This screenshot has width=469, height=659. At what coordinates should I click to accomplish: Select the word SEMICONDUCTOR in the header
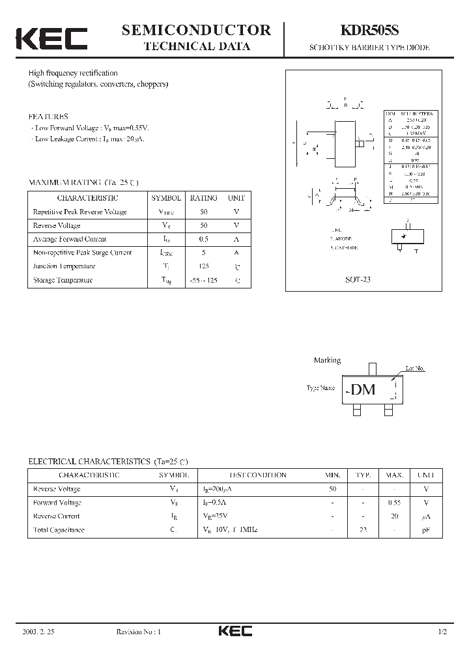pyautogui.click(x=197, y=30)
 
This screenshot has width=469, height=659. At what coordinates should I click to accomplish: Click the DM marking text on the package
pyautogui.click(x=363, y=389)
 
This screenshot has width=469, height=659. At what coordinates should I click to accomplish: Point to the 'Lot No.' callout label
pyautogui.click(x=415, y=369)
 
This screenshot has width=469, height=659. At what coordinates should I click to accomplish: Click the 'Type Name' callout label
pyautogui.click(x=320, y=388)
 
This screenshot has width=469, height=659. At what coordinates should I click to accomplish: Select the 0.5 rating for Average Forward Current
pyautogui.click(x=203, y=239)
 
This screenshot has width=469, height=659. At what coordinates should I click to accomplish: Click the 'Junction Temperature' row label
pyautogui.click(x=63, y=266)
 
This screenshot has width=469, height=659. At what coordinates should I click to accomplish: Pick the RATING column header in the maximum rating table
pyautogui.click(x=203, y=197)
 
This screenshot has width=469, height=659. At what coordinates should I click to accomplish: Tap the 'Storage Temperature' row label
pyautogui.click(x=63, y=280)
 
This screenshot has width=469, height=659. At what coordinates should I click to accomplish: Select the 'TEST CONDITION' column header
pyautogui.click(x=257, y=475)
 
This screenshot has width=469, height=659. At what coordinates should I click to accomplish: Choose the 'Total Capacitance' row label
pyautogui.click(x=59, y=530)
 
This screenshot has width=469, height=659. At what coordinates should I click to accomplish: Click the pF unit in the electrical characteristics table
pyautogui.click(x=426, y=530)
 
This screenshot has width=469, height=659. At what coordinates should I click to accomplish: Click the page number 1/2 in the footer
pyautogui.click(x=443, y=632)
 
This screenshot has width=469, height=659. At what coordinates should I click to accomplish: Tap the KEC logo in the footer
pyautogui.click(x=234, y=632)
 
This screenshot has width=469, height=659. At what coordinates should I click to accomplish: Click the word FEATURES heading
pyautogui.click(x=48, y=117)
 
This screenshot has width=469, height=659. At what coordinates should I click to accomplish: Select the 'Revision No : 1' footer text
pyautogui.click(x=138, y=632)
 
